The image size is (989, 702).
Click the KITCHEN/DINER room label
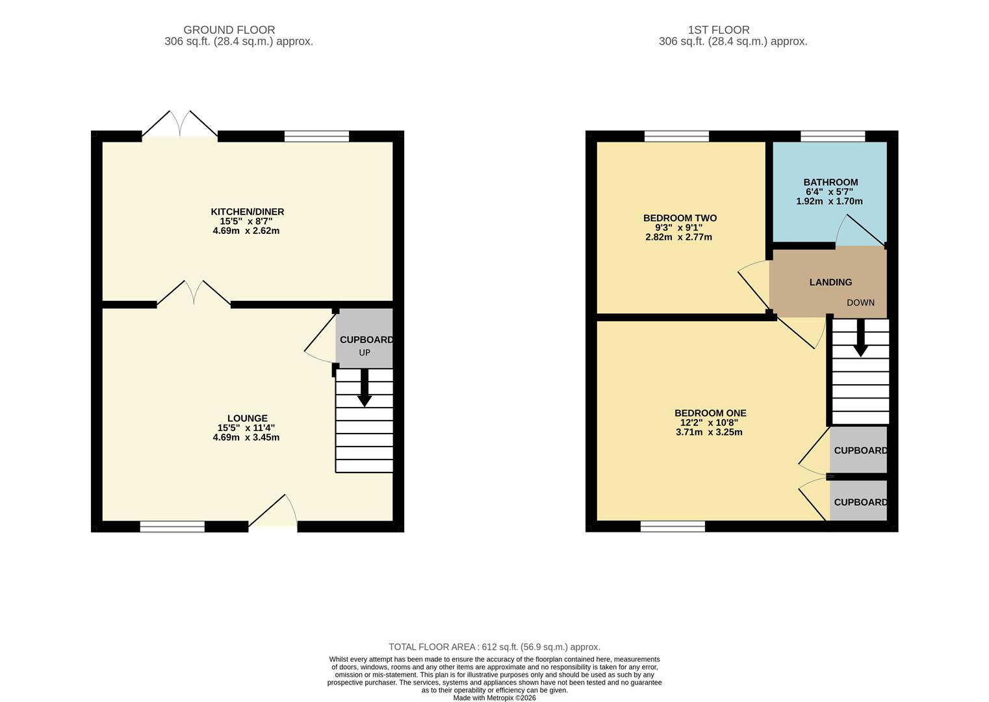coord(247,212)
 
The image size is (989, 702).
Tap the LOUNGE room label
coord(247,419)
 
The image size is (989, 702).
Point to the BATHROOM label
coord(830,183)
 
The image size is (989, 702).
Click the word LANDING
coord(830,282)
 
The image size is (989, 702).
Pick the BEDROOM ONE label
coord(710,413)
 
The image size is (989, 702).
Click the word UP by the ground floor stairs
coord(365,353)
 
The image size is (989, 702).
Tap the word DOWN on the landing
coord(860,303)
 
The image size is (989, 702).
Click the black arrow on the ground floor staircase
coord(365,388)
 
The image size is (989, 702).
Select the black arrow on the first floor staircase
coord(860,339)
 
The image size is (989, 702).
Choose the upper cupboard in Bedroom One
coord(859,450)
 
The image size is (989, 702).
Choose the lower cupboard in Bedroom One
coord(859,502)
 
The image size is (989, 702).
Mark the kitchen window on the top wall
coord(316,136)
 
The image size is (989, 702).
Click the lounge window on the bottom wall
coord(172,526)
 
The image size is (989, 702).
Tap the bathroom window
coord(832,136)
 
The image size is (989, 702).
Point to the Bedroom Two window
coord(676,136)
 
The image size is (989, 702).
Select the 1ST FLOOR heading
coord(718,30)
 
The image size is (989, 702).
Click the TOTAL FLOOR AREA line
coord(494,647)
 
